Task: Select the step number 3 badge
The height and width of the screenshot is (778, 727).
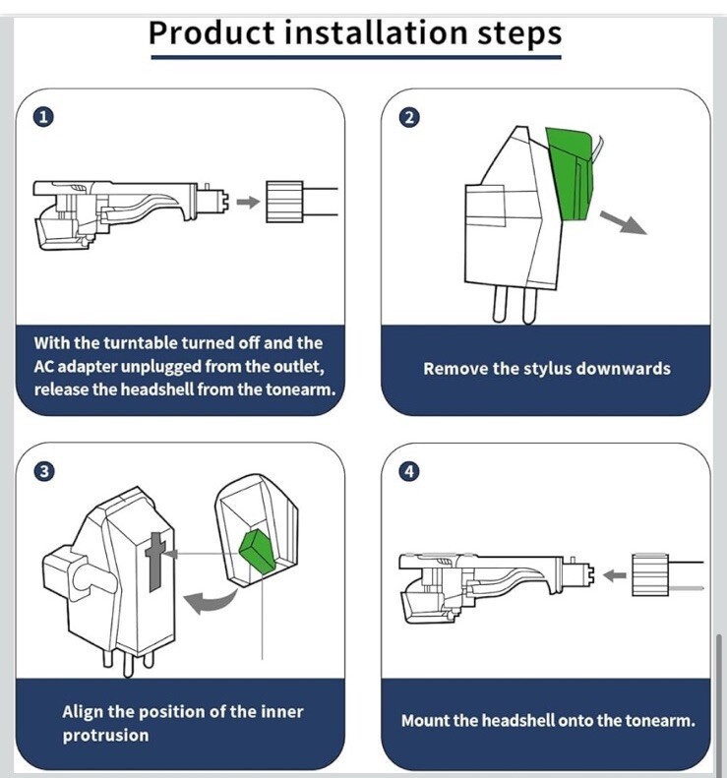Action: click(43, 471)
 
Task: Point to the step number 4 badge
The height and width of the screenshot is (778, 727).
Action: click(409, 471)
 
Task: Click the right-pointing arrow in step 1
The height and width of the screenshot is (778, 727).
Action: click(249, 202)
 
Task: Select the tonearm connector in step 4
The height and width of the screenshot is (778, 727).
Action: click(649, 574)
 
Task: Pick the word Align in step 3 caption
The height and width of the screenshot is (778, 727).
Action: click(84, 711)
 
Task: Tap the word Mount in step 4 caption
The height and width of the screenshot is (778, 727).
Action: click(425, 721)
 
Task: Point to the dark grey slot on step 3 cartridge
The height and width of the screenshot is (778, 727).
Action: click(154, 562)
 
